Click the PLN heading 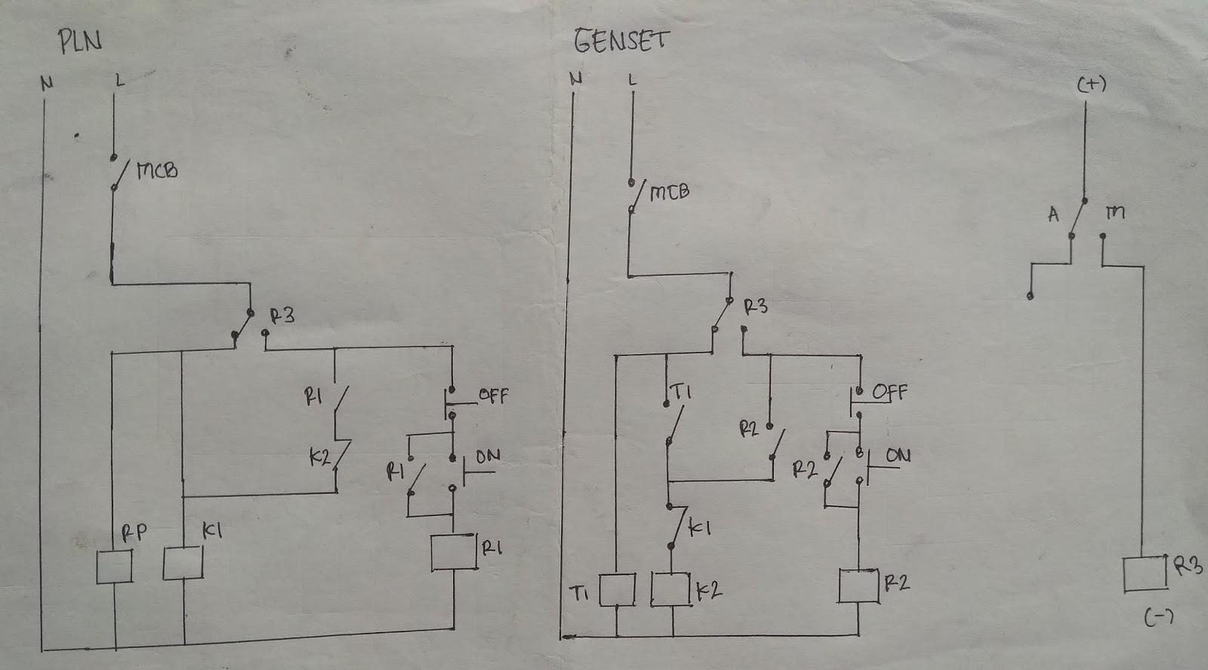point(80,42)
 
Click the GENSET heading point(621,41)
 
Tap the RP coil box point(115,567)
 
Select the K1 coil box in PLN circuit point(183,563)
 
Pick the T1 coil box point(617,590)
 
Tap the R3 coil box point(1145,574)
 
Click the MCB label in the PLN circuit point(157,171)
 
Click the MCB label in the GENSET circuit point(669,192)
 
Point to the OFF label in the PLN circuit point(493,395)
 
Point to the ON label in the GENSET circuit point(898,455)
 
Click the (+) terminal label point(1091,85)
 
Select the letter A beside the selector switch point(1054,215)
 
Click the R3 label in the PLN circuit point(282,316)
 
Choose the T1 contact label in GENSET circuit point(681,391)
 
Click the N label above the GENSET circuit point(576,79)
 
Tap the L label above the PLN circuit point(120,79)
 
